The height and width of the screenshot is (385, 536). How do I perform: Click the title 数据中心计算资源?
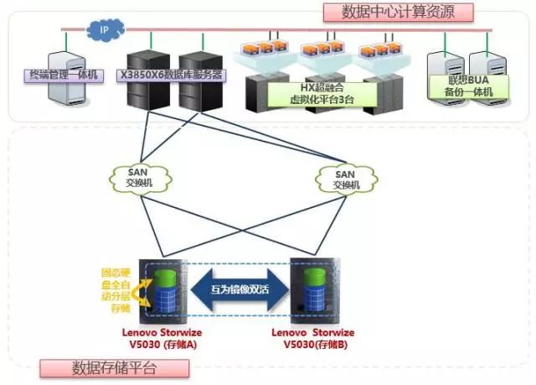point(396,11)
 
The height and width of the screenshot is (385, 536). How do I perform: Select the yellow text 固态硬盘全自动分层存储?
point(115,290)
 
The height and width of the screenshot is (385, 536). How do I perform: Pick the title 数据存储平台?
point(114,367)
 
